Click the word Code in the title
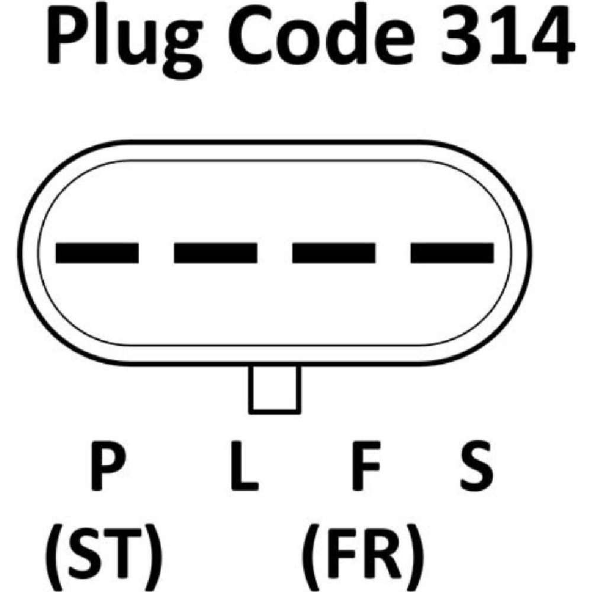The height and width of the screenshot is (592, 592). [x=321, y=36]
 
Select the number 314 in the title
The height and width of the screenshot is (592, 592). [x=507, y=37]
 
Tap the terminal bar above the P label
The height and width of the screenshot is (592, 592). [x=97, y=253]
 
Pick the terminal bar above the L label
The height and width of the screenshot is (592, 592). [x=215, y=253]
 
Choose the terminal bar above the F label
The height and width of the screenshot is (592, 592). [x=334, y=253]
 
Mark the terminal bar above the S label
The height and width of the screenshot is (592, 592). [x=452, y=253]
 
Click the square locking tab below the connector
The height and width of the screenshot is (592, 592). [x=275, y=390]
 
